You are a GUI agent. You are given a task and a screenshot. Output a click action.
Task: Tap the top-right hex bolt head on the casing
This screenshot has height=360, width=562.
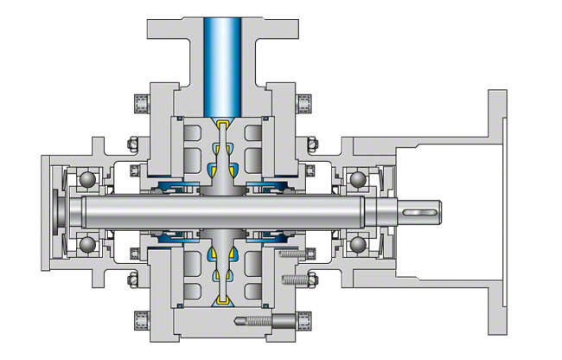click(x=304, y=105)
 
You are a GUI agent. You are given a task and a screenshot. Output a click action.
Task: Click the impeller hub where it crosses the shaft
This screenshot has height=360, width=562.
click(x=222, y=212)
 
